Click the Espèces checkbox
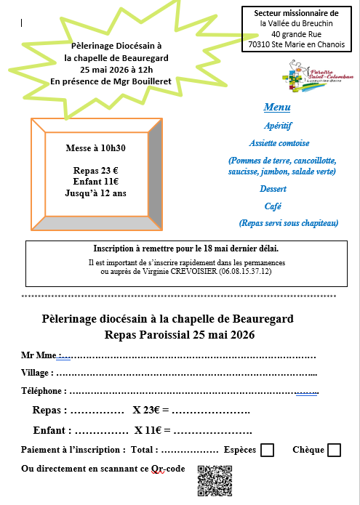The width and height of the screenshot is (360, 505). [267, 451]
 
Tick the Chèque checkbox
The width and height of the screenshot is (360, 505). [334, 451]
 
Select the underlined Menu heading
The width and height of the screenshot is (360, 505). [277, 108]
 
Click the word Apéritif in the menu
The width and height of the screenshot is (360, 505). [278, 126]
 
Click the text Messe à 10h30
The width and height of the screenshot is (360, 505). [96, 148]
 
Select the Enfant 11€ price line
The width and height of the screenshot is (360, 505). [96, 182]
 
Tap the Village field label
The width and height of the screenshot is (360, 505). [36, 373]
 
